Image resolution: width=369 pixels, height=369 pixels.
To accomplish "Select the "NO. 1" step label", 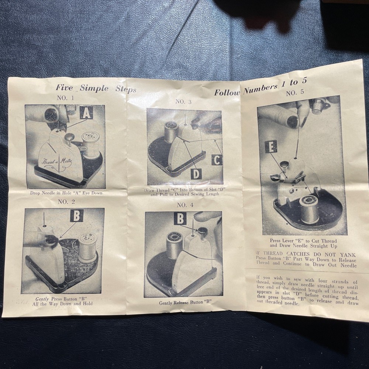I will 65,98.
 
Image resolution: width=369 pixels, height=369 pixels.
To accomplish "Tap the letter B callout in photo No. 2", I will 77,216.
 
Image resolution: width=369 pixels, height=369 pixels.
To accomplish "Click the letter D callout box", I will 196,173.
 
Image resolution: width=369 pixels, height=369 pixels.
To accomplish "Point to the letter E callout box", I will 270,146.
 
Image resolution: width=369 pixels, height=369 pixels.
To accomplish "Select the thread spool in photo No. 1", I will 91,144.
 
